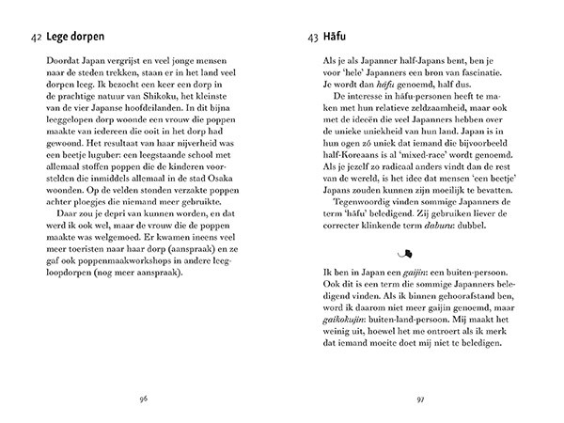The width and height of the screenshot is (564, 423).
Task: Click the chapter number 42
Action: click(36, 39)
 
